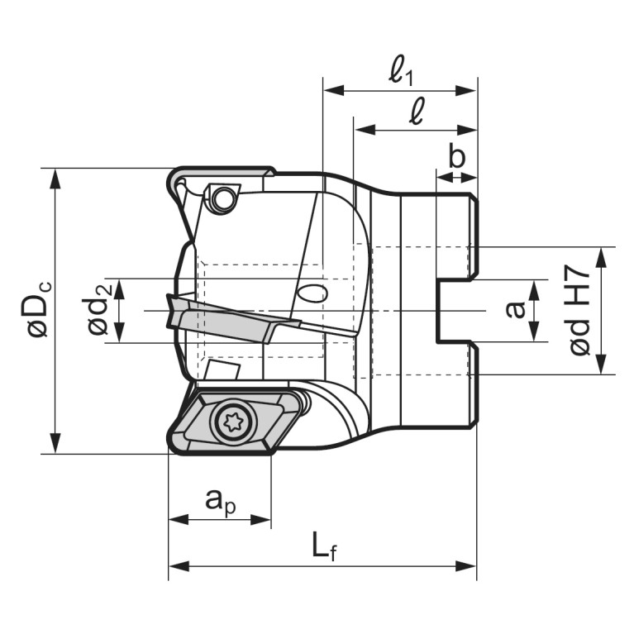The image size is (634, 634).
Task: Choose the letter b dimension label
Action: pyautogui.click(x=457, y=156)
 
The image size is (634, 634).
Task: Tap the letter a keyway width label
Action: pyautogui.click(x=516, y=310)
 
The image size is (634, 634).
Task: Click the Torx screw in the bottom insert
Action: pyautogui.click(x=233, y=422)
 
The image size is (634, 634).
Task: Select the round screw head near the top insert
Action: pyautogui.click(x=222, y=199)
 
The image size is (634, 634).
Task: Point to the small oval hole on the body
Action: pyautogui.click(x=312, y=293)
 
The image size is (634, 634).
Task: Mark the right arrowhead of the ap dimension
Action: pyautogui.click(x=260, y=520)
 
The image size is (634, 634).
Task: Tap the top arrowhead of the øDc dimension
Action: pyautogui.click(x=55, y=179)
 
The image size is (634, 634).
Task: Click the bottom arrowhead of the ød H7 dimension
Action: pyautogui.click(x=602, y=364)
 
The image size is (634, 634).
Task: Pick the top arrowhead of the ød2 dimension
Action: pyautogui.click(x=119, y=288)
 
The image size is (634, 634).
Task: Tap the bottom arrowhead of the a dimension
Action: pyautogui.click(x=535, y=331)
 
